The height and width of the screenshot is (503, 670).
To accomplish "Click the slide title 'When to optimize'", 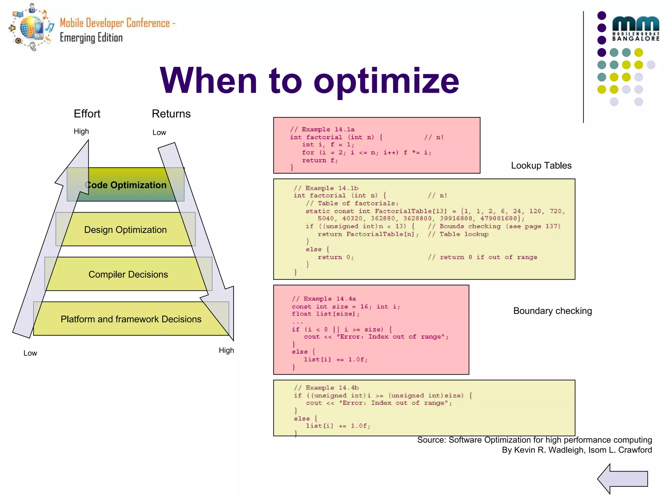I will pos(309,81).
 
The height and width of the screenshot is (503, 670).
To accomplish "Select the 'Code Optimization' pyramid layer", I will pos(126,185).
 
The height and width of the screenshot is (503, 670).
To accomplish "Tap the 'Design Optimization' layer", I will pos(125,230).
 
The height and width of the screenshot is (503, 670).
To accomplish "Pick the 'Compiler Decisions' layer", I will pos(128,274).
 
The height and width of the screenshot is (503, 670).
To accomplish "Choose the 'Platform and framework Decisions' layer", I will pos(131,319).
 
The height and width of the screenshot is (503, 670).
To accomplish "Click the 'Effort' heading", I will pos(87,114).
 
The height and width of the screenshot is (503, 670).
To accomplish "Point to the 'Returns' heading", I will pos(171,114).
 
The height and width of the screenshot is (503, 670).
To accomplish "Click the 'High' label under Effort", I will pos(81,131).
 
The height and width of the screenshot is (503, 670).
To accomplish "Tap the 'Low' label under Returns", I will pos(159,133).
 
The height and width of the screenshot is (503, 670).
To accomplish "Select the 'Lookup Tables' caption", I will pos(541,165).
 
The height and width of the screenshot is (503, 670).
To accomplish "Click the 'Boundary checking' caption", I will pos(552,311).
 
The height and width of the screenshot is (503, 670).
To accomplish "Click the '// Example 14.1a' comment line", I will pos(322,129).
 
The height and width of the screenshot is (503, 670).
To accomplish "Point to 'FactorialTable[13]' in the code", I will pos(411,211).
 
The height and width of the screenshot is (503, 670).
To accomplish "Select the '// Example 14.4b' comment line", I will pos(326,388).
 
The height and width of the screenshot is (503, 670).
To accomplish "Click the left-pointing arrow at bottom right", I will pos(623,479).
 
